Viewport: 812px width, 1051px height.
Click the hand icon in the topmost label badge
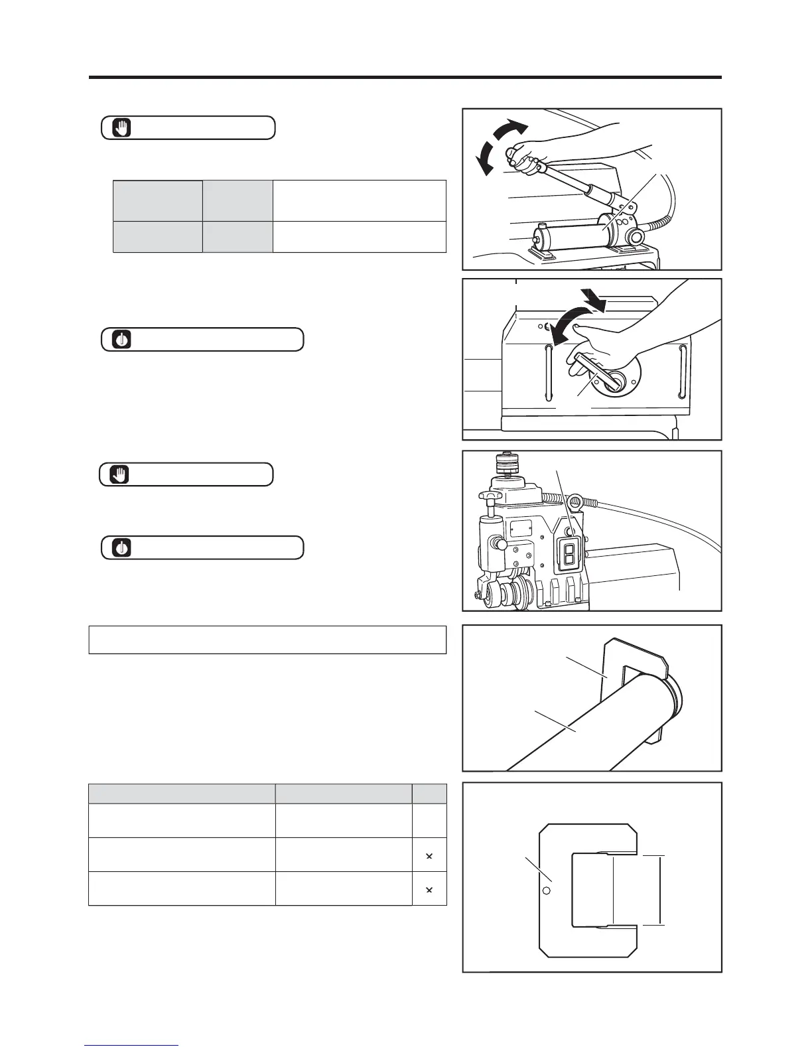pos(122,127)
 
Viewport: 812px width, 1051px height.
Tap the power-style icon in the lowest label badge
pos(122,548)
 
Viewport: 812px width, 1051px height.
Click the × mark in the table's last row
pos(429,889)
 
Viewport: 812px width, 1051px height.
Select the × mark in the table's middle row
pos(429,856)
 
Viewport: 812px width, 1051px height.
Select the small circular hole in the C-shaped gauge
pos(547,890)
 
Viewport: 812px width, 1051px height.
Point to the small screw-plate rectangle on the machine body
pos(521,528)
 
